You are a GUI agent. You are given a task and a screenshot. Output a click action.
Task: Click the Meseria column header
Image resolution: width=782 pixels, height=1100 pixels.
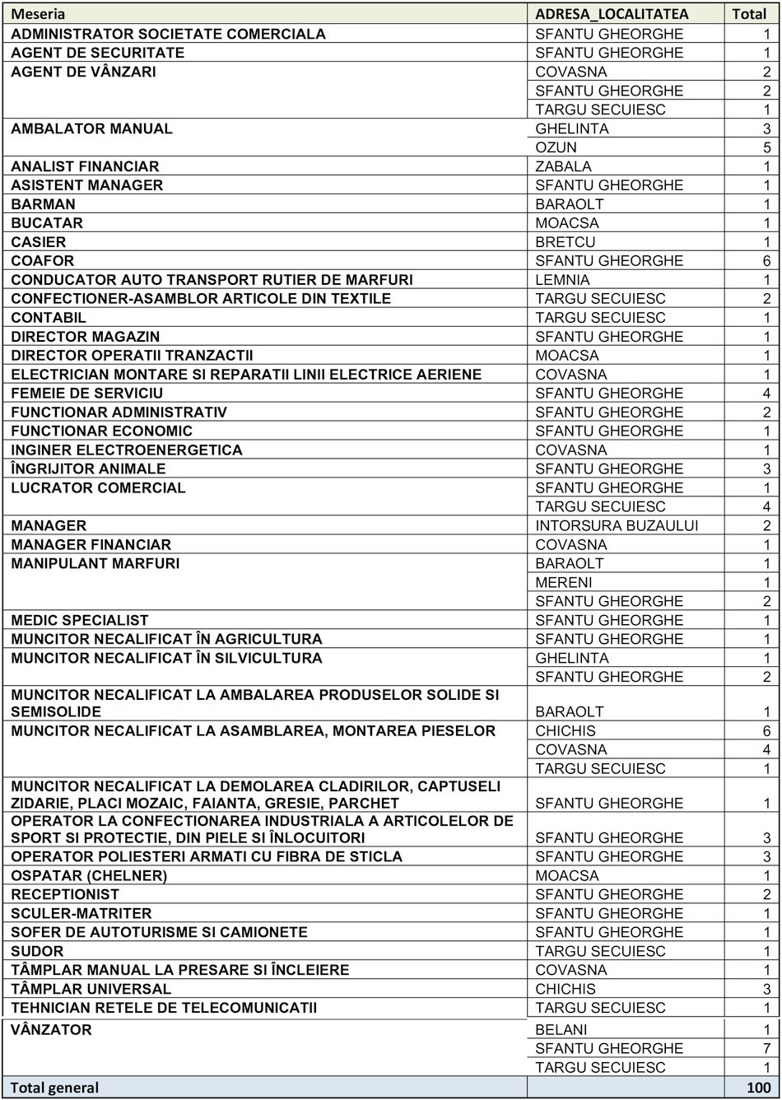click(x=38, y=14)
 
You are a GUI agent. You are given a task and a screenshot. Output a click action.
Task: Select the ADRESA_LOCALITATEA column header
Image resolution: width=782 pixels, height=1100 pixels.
click(x=612, y=14)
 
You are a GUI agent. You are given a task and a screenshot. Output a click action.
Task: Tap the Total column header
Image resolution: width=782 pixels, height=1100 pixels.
click(x=749, y=14)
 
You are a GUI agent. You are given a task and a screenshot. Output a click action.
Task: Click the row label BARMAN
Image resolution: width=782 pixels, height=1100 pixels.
click(x=43, y=204)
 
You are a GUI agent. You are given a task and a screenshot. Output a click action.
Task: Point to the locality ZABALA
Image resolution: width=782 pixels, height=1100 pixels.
click(x=563, y=166)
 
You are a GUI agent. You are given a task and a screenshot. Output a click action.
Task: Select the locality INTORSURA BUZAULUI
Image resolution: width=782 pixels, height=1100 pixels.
click(x=617, y=525)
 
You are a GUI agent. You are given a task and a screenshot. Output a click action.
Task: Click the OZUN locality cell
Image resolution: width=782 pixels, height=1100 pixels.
click(x=556, y=147)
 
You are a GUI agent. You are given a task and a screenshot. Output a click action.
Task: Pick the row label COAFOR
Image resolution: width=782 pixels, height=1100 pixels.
click(x=42, y=261)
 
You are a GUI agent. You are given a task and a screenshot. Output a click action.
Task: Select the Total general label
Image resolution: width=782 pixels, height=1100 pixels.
click(x=54, y=1088)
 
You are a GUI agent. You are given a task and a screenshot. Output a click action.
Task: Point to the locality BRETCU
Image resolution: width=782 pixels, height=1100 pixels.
click(x=565, y=242)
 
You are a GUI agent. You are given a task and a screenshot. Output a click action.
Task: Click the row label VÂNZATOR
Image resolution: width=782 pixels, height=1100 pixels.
click(x=51, y=1030)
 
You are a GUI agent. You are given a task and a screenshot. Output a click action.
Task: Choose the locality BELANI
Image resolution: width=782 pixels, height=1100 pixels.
click(x=561, y=1030)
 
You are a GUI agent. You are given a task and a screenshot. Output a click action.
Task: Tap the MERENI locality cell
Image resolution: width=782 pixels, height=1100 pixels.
click(x=563, y=582)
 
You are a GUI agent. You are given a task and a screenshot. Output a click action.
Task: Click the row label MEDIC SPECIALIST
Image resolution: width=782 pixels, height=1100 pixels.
click(x=80, y=620)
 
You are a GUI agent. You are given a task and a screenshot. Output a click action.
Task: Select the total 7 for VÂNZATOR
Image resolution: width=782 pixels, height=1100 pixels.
click(x=766, y=1049)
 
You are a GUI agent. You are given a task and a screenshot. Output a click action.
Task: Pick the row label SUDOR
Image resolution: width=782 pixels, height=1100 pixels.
click(x=37, y=951)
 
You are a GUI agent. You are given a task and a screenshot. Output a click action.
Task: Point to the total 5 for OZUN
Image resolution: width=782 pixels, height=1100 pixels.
click(x=766, y=147)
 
